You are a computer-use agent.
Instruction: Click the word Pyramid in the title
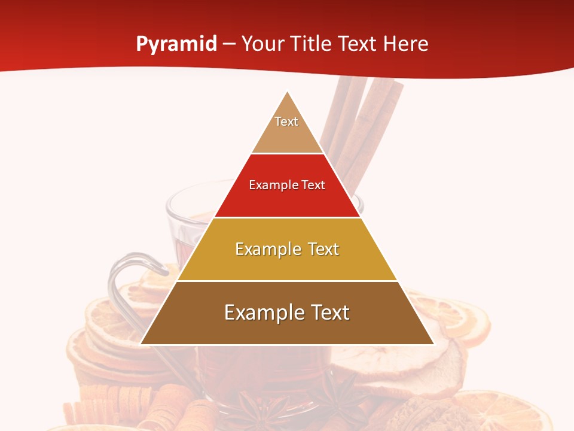[176, 44]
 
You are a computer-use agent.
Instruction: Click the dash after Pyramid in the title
[229, 44]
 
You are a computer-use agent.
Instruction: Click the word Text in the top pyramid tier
[286, 122]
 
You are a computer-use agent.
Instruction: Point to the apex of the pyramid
[288, 92]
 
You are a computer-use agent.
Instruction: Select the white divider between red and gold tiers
[288, 217]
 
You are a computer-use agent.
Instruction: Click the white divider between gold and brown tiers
[288, 281]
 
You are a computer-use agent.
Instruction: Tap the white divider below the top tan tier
[288, 154]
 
